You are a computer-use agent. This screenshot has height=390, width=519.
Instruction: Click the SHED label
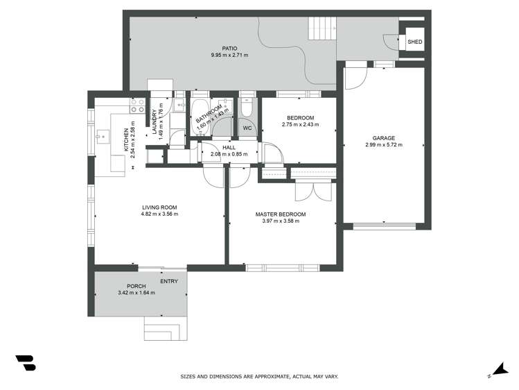click(414, 42)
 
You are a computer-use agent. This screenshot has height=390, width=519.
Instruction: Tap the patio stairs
click(322, 28)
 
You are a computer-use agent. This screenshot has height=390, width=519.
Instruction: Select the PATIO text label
click(220, 48)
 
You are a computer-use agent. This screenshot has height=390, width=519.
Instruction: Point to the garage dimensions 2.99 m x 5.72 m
click(384, 145)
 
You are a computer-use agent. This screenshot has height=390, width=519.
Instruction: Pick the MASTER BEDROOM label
click(280, 214)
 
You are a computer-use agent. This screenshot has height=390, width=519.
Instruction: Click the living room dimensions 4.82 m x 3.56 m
click(159, 214)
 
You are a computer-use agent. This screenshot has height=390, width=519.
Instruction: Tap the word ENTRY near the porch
click(169, 281)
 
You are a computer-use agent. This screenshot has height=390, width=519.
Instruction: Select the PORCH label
click(136, 287)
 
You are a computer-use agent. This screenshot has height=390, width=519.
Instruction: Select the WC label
click(247, 128)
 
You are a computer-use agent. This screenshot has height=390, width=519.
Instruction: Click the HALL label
click(229, 147)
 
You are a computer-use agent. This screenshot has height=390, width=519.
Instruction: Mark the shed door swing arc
click(392, 42)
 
